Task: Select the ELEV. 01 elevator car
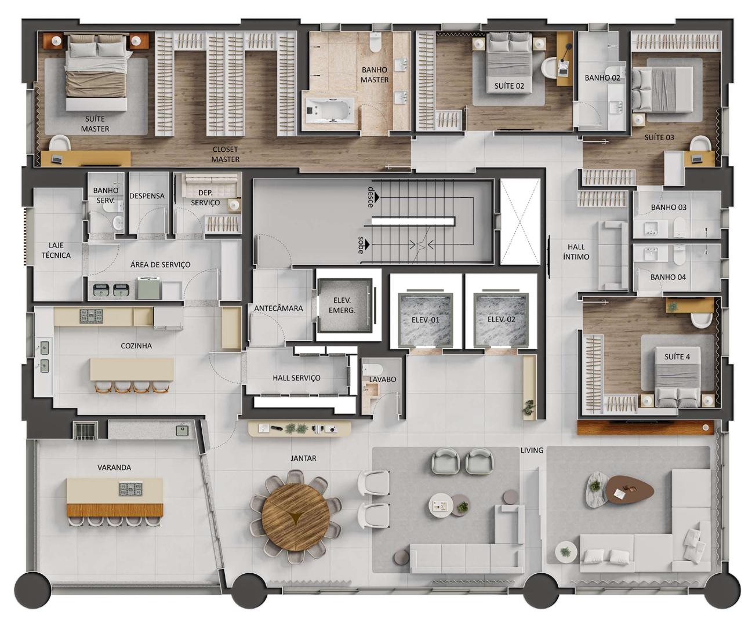(x=425, y=320)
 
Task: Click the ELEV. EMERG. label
(x=342, y=305)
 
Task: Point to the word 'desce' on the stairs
(x=370, y=197)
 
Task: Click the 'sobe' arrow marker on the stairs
(x=367, y=245)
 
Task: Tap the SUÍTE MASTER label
(x=95, y=123)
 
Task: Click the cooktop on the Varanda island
(x=130, y=489)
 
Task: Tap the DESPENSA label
(x=147, y=196)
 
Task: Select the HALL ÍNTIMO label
(x=576, y=252)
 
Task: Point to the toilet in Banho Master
(x=376, y=42)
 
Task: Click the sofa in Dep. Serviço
(x=209, y=185)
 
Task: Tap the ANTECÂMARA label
(x=278, y=308)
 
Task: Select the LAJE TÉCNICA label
(x=56, y=250)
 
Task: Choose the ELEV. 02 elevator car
(x=501, y=320)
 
